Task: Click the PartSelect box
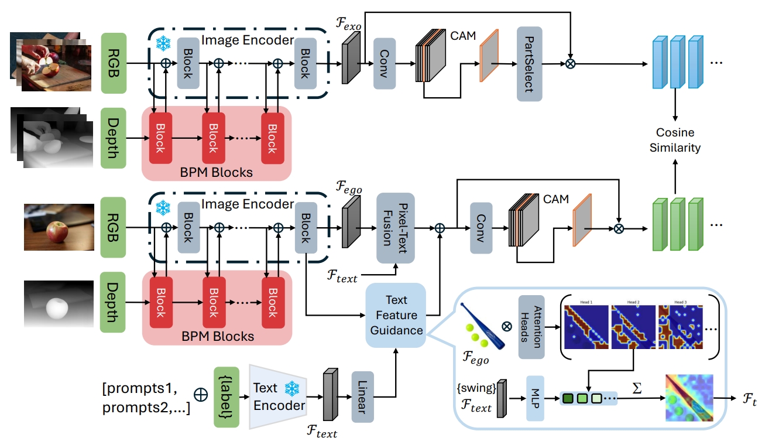coord(529,63)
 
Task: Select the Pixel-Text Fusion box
coord(395,228)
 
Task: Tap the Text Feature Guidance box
coord(396,315)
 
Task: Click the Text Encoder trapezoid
coord(277,396)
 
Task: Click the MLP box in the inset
coord(536,398)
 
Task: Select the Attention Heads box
coord(531,327)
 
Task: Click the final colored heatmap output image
coord(689,399)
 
